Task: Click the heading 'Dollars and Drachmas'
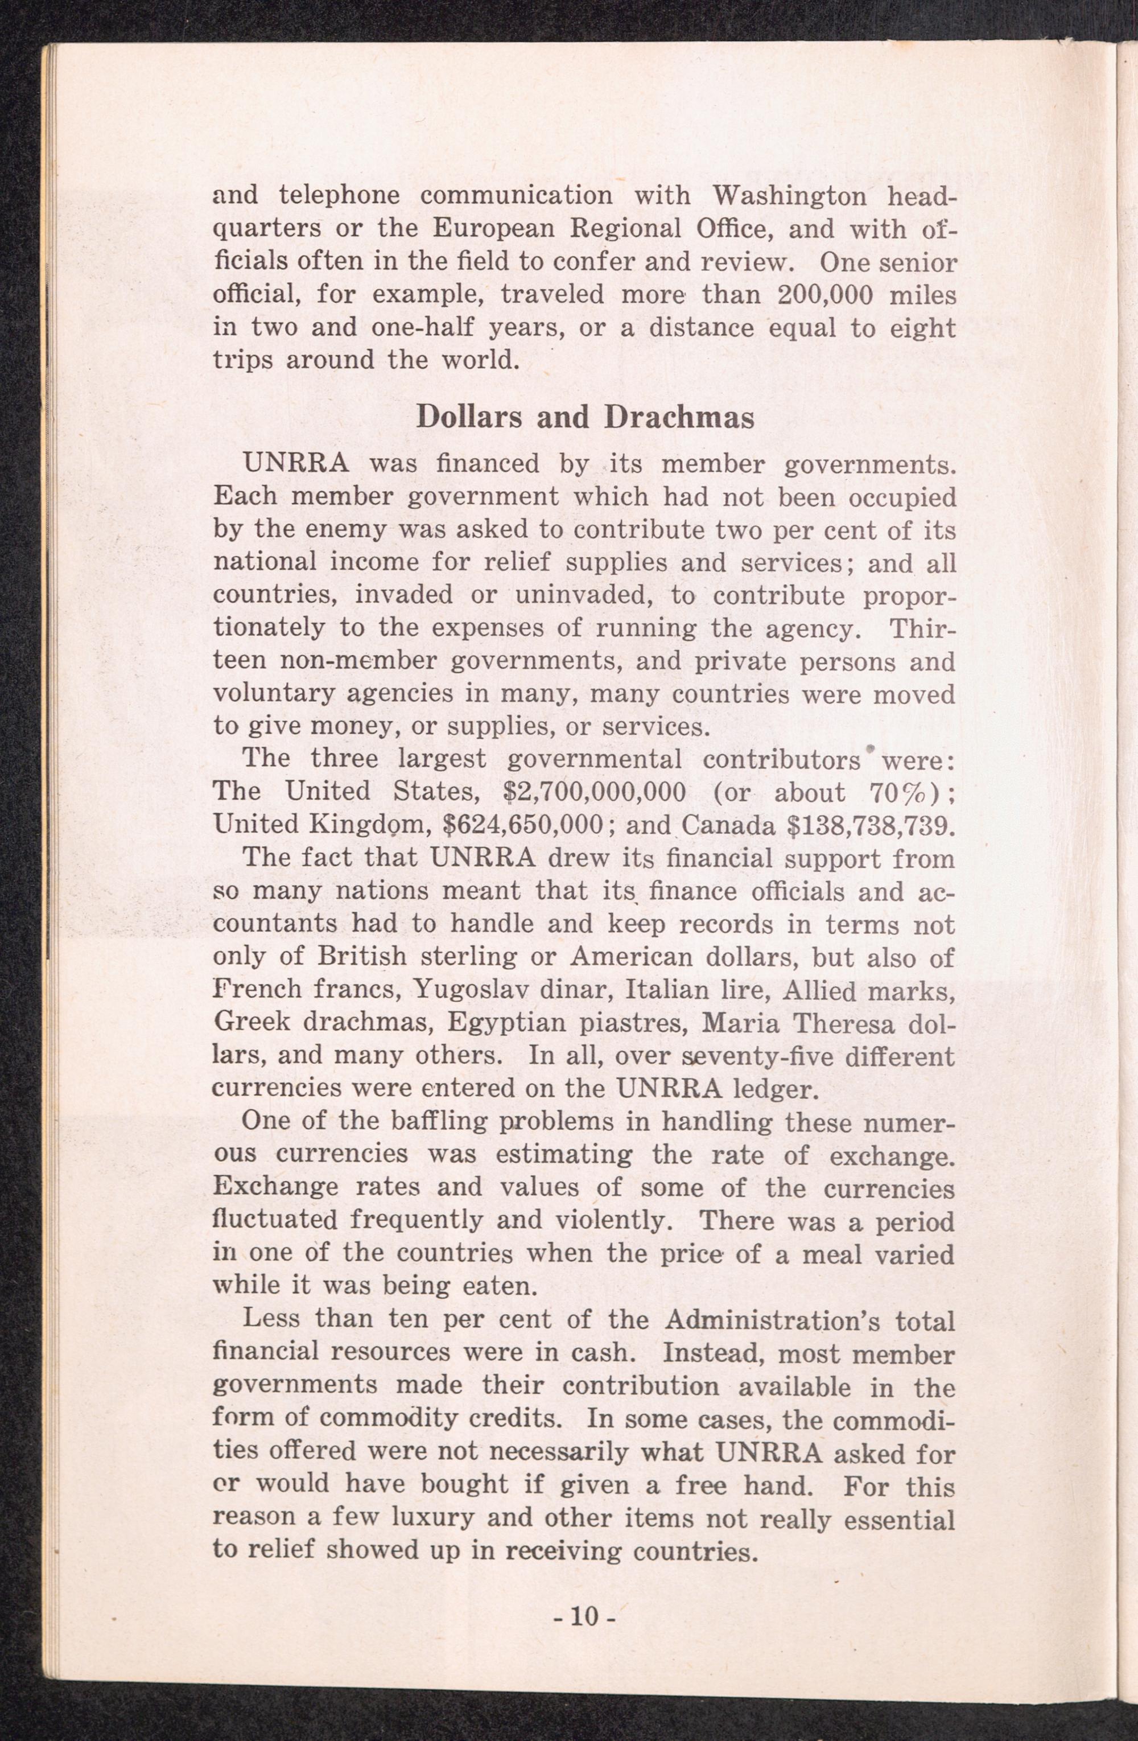584,417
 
